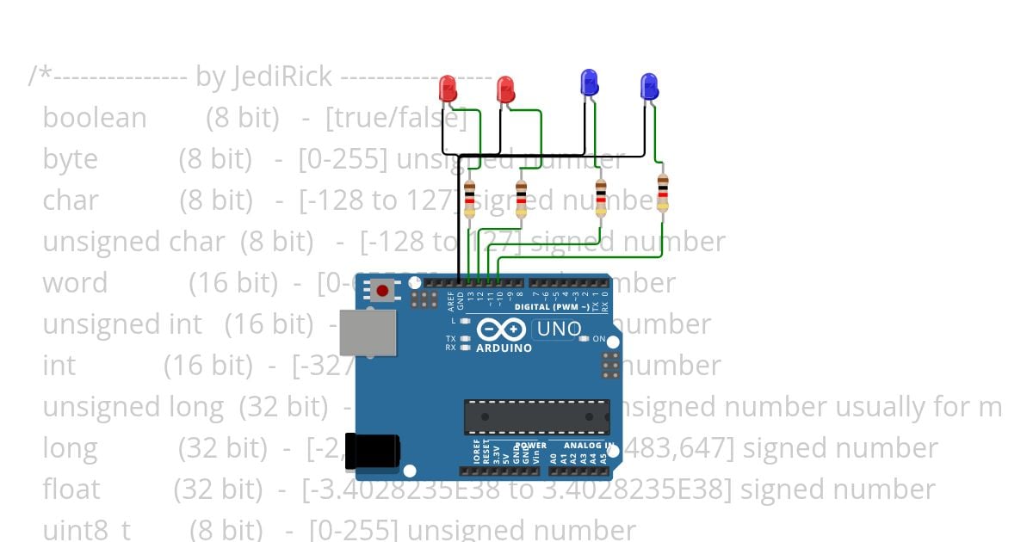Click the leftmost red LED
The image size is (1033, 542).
coord(448,87)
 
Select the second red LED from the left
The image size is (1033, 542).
coord(505,89)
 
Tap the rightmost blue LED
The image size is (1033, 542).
coord(649,85)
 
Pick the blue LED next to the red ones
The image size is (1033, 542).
coord(590,83)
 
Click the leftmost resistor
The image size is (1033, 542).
coord(469,199)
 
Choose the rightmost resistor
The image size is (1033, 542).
coord(662,192)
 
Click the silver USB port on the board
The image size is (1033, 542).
coord(368,332)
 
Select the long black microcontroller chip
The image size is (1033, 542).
coord(536,416)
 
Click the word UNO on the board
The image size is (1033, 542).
coord(558,329)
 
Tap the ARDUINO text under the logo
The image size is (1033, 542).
coord(504,348)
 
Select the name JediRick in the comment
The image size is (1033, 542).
coord(281,77)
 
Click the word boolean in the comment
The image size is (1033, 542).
coord(95,118)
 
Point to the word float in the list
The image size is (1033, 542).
coord(71,490)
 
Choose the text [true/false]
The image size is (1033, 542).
coord(396,118)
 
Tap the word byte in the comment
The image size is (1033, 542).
coord(70,159)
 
